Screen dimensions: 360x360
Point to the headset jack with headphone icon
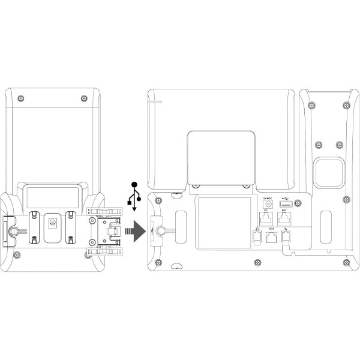pos(257,238)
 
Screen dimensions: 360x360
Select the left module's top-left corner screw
pos(22,98)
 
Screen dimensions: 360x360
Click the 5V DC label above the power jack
pos(268,197)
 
